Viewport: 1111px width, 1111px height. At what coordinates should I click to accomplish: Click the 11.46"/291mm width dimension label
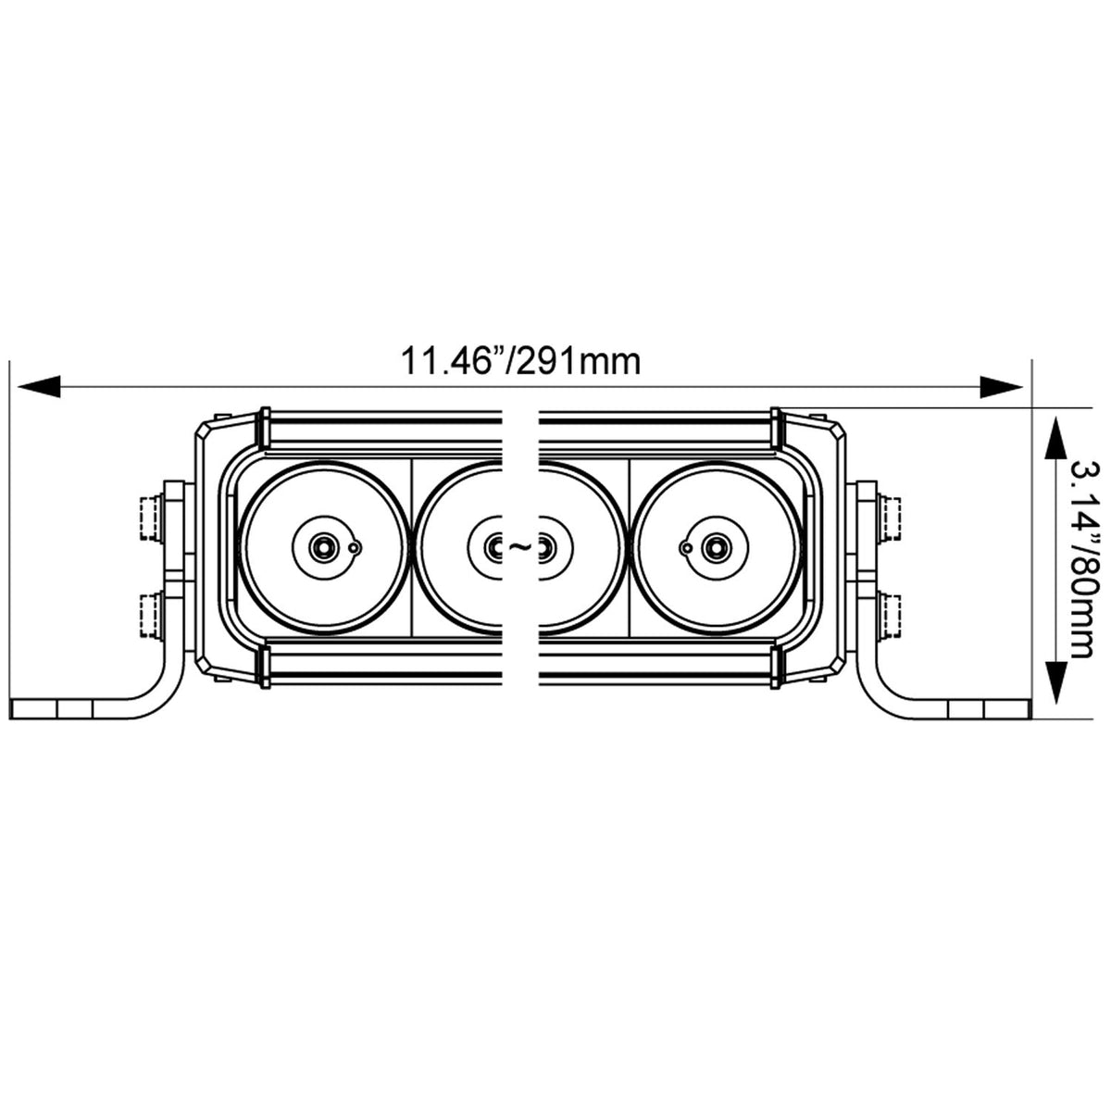click(x=520, y=361)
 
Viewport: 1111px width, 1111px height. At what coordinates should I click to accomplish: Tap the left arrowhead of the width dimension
click(x=39, y=386)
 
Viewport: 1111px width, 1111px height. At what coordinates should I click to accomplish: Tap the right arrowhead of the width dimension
click(x=1002, y=386)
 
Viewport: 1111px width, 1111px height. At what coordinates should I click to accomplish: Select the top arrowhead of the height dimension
click(x=1055, y=438)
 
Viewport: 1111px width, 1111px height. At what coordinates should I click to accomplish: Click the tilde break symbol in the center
click(x=520, y=545)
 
